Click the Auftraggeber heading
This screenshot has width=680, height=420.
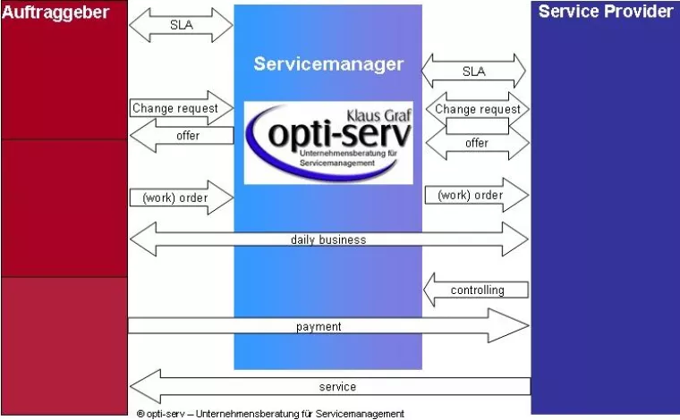(x=55, y=13)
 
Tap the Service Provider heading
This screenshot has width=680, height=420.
(x=605, y=12)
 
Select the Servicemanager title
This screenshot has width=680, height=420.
(x=328, y=64)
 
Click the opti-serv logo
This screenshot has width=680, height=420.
(x=328, y=143)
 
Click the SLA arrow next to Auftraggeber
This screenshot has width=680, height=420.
(x=181, y=25)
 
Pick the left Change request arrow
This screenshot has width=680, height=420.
(x=180, y=109)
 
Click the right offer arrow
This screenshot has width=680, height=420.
(x=476, y=143)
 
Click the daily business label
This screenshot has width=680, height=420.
(x=328, y=239)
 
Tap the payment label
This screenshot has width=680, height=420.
(x=319, y=326)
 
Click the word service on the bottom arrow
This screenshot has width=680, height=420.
(x=337, y=387)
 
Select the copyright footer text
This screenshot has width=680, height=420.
(x=270, y=413)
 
